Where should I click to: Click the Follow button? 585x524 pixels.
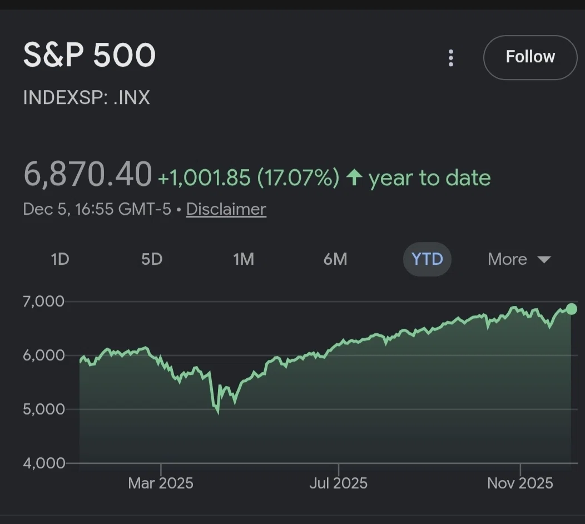click(x=530, y=57)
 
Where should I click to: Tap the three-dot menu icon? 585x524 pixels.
click(x=451, y=58)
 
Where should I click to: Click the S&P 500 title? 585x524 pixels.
click(x=89, y=55)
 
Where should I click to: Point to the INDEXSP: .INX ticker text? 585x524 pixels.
click(x=86, y=97)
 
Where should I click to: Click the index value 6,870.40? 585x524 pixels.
click(x=88, y=174)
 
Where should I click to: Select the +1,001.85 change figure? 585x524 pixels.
click(x=204, y=177)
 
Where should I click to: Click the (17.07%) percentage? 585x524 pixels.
click(x=299, y=177)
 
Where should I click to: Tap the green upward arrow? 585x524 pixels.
click(x=354, y=177)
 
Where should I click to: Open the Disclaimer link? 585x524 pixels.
click(x=226, y=209)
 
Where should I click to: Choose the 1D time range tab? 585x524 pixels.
click(x=60, y=259)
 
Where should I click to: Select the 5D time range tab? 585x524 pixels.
click(x=152, y=259)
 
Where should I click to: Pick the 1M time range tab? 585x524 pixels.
click(x=244, y=259)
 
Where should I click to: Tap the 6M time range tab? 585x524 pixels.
click(x=335, y=259)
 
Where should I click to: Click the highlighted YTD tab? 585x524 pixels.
click(x=427, y=259)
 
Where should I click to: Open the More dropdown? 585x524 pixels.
click(x=519, y=259)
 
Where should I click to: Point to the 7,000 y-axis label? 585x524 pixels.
click(x=43, y=301)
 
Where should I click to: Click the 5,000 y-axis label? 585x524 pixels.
click(x=43, y=409)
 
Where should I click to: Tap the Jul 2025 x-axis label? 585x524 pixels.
click(x=339, y=483)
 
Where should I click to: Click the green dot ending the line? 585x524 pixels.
click(x=572, y=309)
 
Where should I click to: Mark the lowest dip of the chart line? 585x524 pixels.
click(x=218, y=413)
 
